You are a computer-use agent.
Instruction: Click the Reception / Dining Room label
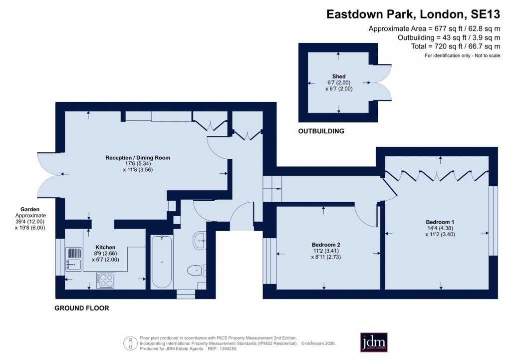(138, 158)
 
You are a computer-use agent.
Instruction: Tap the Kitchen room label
(105, 247)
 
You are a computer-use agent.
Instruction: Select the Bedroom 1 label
(440, 222)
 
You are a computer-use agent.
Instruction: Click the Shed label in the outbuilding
(339, 76)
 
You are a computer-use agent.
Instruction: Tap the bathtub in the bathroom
(162, 262)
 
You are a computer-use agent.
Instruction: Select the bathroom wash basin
(200, 241)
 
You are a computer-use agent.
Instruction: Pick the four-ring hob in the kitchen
(105, 280)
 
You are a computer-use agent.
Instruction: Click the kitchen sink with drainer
(73, 258)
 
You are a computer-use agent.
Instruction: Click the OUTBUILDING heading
(321, 132)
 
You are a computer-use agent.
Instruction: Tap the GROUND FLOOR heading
(81, 308)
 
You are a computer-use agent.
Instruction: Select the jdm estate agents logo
(374, 343)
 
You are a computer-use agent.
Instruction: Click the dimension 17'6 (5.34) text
(138, 164)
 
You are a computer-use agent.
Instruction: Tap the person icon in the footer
(130, 343)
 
